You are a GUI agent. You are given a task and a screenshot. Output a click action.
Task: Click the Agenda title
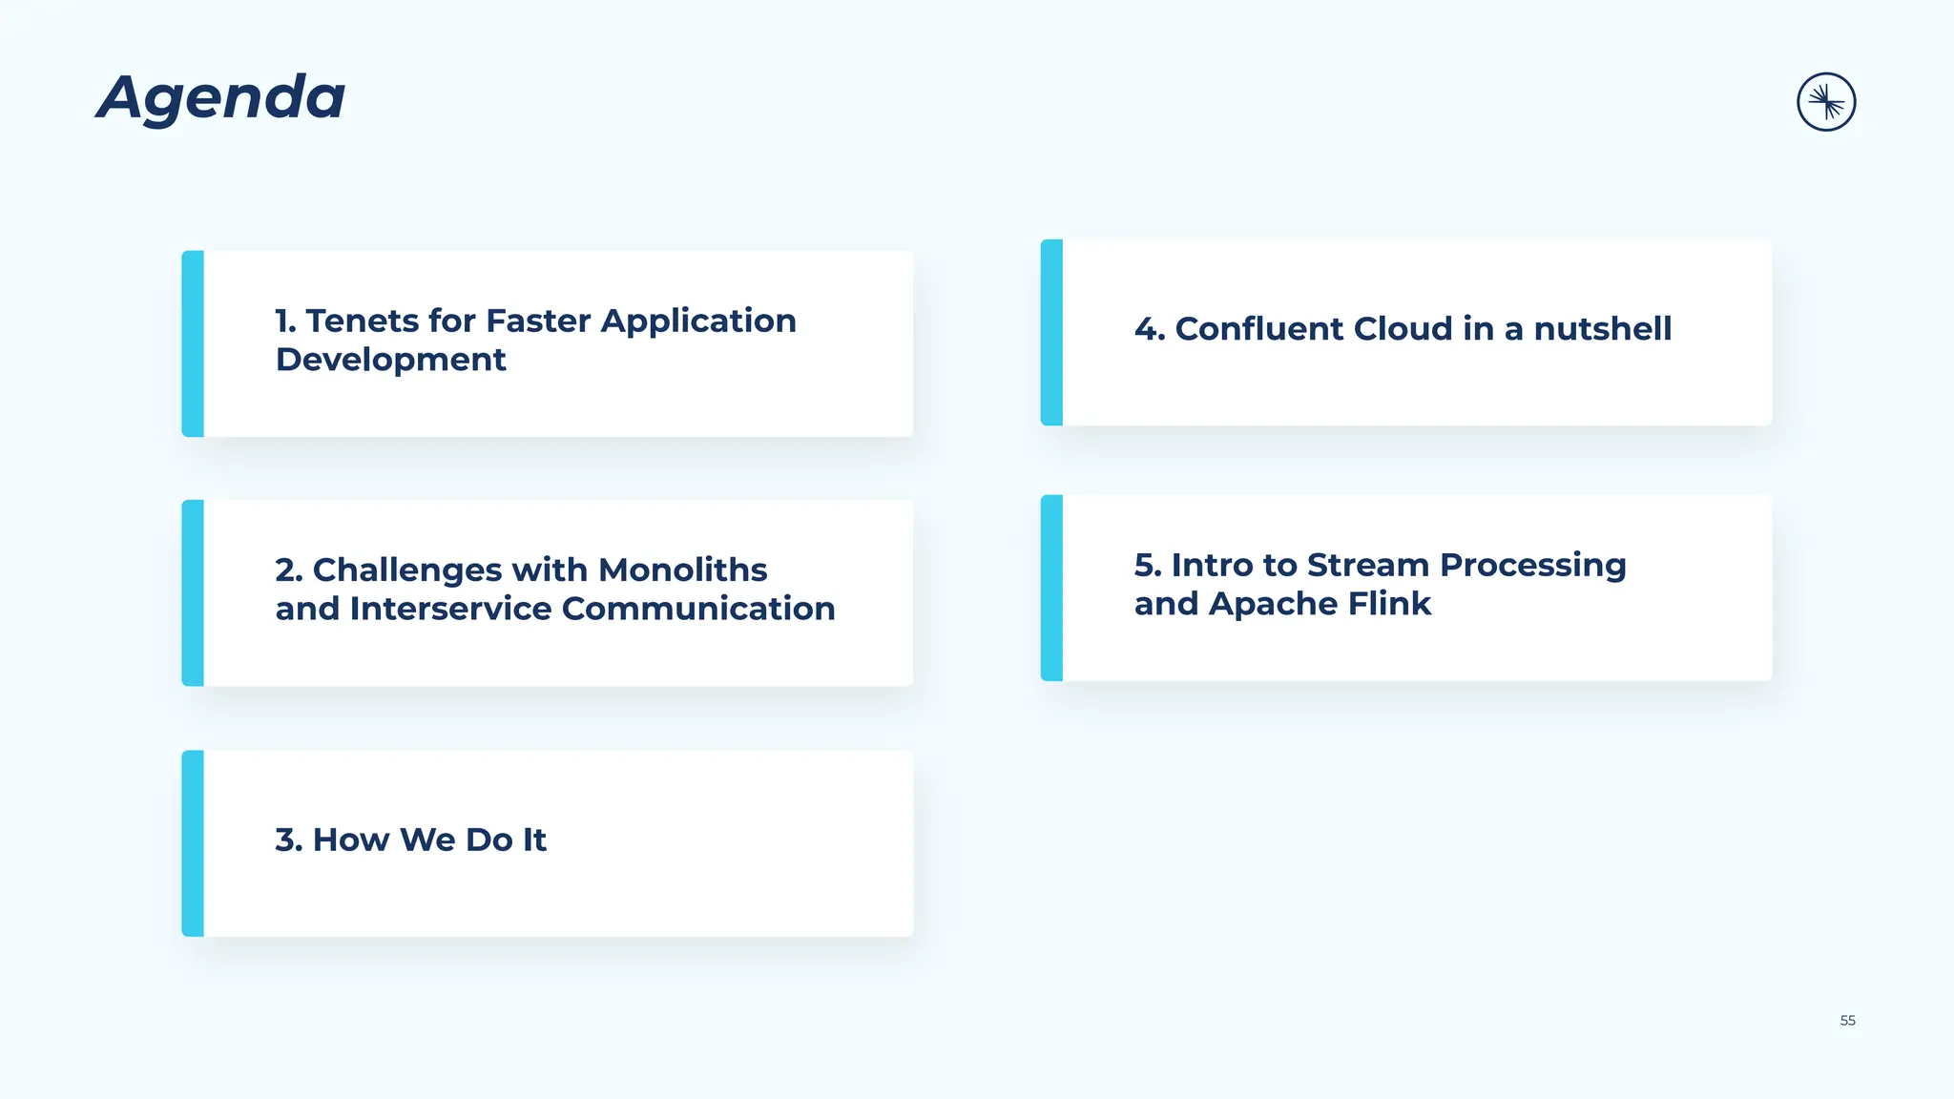tap(221, 98)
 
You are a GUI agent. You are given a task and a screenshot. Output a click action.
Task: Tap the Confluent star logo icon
tap(1826, 102)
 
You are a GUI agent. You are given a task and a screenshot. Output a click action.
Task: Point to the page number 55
tap(1847, 1021)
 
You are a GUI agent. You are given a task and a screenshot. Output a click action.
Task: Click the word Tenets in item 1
tap(362, 321)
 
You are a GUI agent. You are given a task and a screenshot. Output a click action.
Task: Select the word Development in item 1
tap(390, 361)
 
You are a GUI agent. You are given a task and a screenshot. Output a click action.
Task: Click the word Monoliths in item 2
tap(682, 570)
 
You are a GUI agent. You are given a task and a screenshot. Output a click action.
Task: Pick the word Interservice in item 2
tap(450, 609)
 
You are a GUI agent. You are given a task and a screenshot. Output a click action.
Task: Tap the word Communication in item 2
tap(698, 609)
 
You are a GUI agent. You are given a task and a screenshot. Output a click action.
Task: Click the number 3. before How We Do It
tap(288, 840)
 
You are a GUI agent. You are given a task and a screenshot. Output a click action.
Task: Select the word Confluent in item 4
tap(1258, 329)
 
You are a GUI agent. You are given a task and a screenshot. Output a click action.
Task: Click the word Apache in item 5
tap(1274, 605)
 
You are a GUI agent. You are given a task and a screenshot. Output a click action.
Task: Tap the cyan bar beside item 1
tap(193, 344)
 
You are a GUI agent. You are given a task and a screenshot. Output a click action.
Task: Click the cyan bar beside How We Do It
tap(193, 843)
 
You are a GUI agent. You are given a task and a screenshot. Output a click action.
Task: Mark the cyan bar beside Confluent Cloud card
tap(1051, 333)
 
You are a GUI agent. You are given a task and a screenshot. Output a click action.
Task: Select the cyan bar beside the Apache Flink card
tap(1051, 588)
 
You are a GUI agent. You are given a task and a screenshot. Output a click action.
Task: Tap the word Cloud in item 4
tap(1403, 329)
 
